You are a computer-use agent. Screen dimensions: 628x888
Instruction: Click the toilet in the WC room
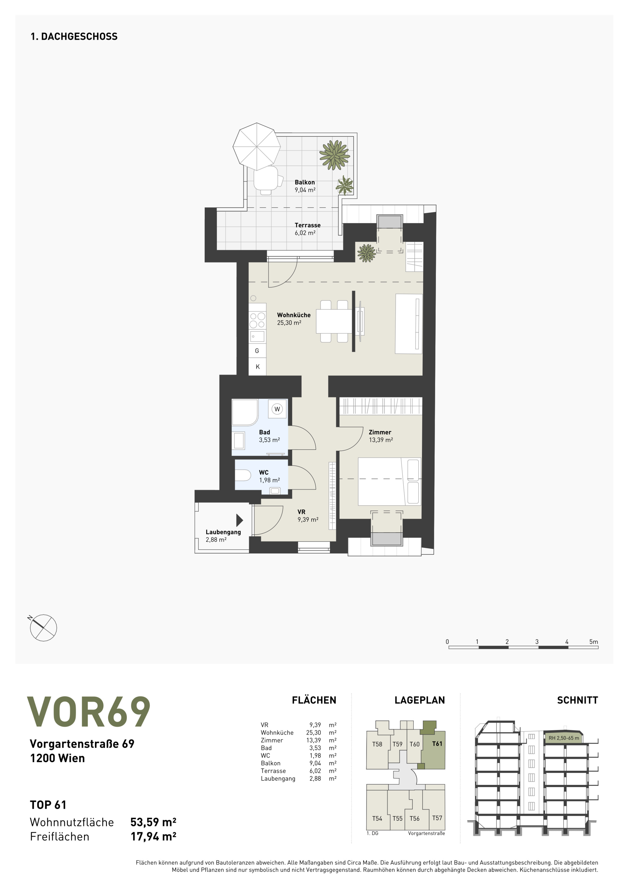tap(243, 475)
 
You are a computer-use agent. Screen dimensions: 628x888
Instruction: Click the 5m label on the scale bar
tap(593, 642)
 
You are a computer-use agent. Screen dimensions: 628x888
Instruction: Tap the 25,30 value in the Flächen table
tap(313, 732)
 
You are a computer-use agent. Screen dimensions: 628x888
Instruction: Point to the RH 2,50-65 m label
tap(564, 738)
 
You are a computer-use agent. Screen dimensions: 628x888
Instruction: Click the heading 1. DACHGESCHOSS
tap(74, 36)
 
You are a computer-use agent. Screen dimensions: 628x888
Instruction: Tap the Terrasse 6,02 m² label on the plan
tap(308, 229)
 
